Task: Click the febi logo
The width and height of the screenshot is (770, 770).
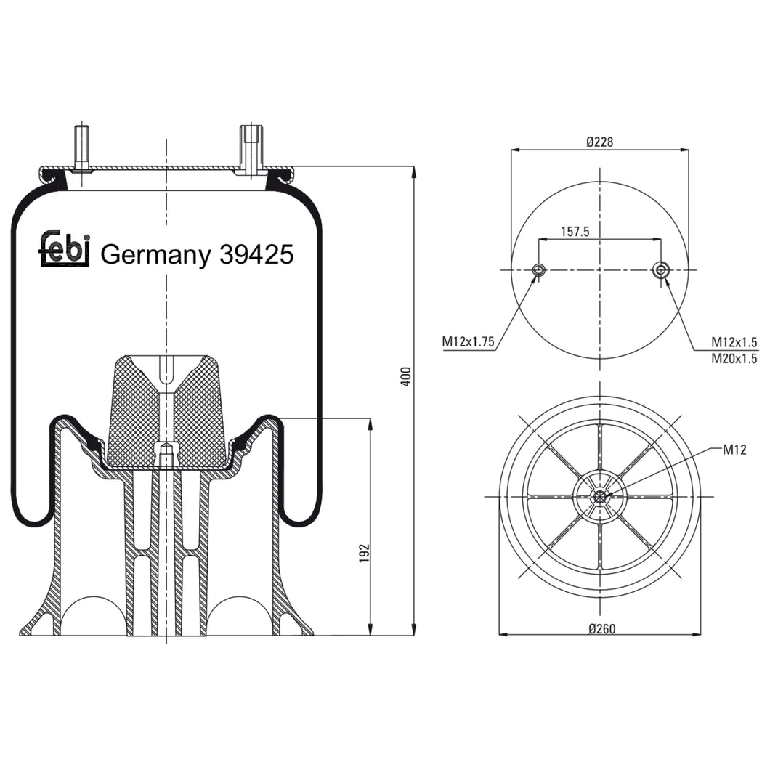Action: point(64,249)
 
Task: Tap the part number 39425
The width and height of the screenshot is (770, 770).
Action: point(255,255)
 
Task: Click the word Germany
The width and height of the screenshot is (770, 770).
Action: point(154,256)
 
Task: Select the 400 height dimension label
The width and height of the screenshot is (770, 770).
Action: point(407,376)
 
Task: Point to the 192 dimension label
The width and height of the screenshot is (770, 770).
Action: point(365,552)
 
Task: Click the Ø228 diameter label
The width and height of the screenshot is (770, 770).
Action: point(600,142)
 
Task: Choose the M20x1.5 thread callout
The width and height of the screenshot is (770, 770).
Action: point(734,357)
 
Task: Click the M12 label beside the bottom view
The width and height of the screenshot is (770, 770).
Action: point(735,450)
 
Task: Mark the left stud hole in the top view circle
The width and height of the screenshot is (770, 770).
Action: point(538,270)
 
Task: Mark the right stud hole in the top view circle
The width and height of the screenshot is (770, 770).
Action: point(660,270)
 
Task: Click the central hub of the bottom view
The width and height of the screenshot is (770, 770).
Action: point(600,496)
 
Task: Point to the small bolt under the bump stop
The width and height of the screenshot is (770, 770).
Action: point(166,455)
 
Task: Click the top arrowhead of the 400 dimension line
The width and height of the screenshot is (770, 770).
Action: point(414,171)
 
